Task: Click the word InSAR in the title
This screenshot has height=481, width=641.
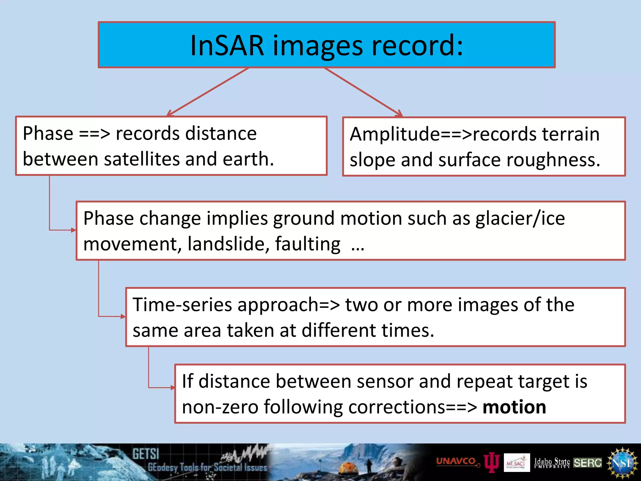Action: pos(227,46)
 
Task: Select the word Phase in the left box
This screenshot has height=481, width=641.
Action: pos(48,134)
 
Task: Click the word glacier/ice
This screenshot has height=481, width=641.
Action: pos(520,218)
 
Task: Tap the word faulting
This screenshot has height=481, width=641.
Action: pos(308,244)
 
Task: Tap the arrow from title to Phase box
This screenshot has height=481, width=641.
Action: pos(208,91)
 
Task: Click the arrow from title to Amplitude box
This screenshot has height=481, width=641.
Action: pos(363,92)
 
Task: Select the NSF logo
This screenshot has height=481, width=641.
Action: pos(622,463)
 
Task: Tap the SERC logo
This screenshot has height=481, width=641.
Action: pos(587,463)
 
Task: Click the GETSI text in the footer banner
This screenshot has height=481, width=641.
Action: pos(146,454)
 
